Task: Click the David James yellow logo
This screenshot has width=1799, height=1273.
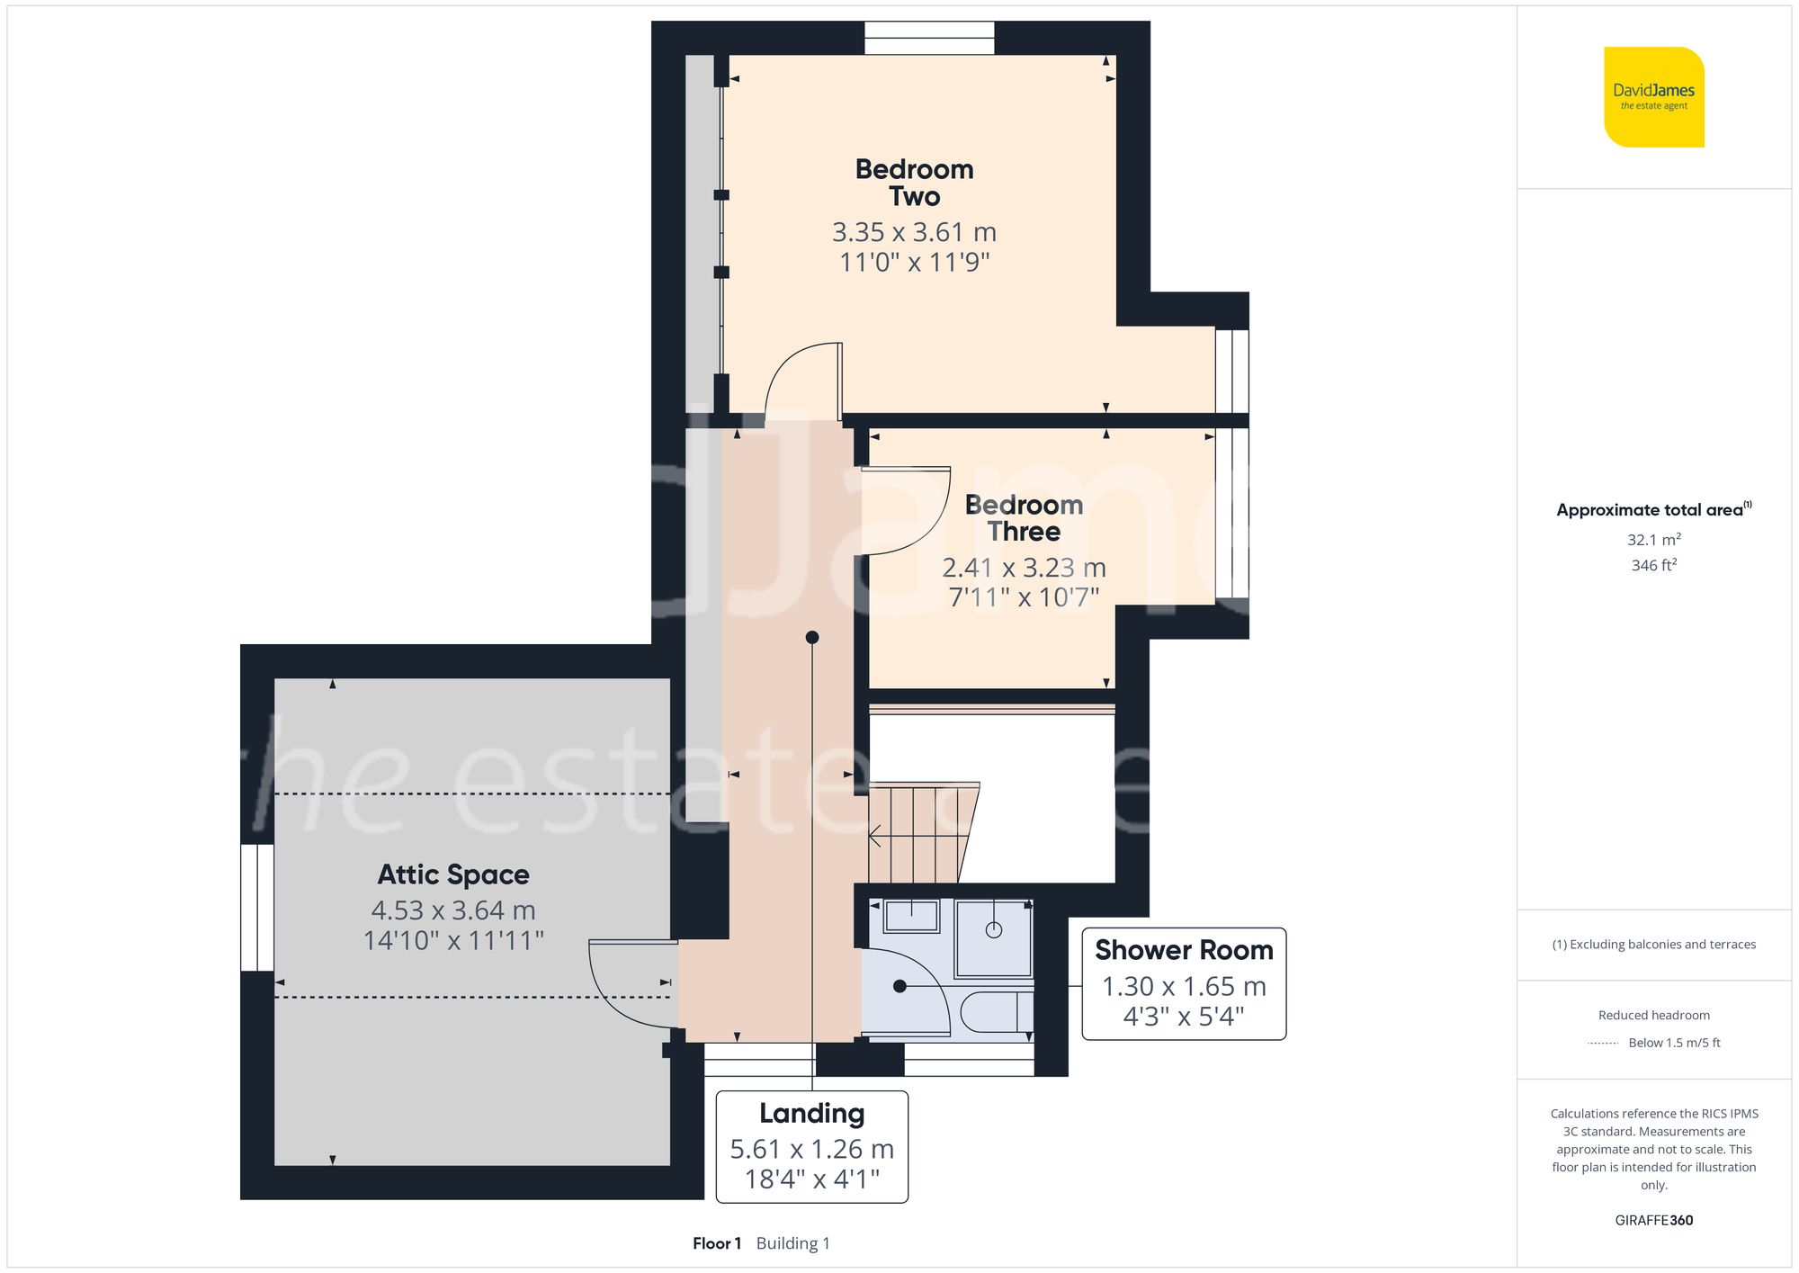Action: pyautogui.click(x=1653, y=97)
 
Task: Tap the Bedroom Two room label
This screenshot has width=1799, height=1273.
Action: pyautogui.click(x=914, y=183)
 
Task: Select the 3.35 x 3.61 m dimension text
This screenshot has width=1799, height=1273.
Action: pyautogui.click(x=914, y=232)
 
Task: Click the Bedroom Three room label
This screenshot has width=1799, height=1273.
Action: pyautogui.click(x=1024, y=518)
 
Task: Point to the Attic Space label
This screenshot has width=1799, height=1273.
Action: pyautogui.click(x=453, y=874)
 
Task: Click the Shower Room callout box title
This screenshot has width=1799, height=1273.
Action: pyautogui.click(x=1184, y=950)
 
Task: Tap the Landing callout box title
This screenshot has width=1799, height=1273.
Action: pyautogui.click(x=811, y=1114)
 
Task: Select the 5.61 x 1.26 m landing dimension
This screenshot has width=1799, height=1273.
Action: pyautogui.click(x=811, y=1149)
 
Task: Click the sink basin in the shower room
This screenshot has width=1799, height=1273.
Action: pyautogui.click(x=910, y=917)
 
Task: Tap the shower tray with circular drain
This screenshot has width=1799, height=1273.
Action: pyautogui.click(x=993, y=937)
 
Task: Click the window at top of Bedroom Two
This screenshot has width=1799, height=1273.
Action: pyautogui.click(x=929, y=38)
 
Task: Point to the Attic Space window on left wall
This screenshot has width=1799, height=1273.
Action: pyautogui.click(x=257, y=907)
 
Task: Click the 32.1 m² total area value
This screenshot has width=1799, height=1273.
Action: pyautogui.click(x=1653, y=540)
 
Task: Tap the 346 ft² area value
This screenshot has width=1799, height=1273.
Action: pyautogui.click(x=1653, y=565)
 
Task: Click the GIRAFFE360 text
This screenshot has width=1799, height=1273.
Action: pyautogui.click(x=1653, y=1221)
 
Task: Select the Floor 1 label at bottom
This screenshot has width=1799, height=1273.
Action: pyautogui.click(x=717, y=1243)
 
